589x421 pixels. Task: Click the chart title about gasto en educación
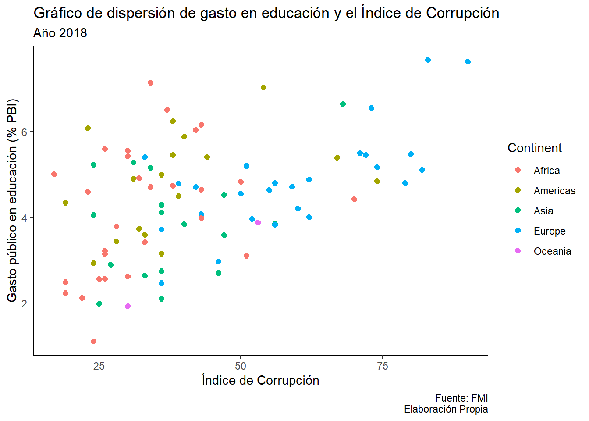266,13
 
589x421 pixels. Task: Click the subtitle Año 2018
60,33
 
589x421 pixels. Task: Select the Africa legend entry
546,171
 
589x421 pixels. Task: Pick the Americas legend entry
554,191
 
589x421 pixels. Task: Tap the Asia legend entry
543,211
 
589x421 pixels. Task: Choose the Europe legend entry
549,231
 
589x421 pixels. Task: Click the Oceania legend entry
552,251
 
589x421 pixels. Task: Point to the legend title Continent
534,148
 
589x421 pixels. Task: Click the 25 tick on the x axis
99,366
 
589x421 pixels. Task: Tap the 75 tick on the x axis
383,366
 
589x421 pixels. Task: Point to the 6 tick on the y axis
25,132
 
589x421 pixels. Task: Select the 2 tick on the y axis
25,303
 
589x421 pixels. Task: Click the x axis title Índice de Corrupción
260,380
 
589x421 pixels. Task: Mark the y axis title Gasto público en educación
12,200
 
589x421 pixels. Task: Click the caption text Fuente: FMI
461,398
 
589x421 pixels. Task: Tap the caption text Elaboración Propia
446,409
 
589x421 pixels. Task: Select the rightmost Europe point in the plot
468,61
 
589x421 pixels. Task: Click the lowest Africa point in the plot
93,341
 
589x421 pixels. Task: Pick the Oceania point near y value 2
128,306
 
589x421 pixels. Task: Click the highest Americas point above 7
263,87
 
